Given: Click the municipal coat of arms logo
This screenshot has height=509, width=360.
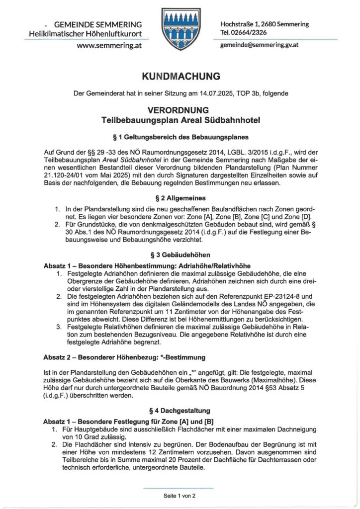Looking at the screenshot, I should pyautogui.click(x=180, y=29).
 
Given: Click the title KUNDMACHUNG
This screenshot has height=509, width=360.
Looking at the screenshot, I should pyautogui.click(x=180, y=77).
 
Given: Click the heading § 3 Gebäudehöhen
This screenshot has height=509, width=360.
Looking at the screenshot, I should pyautogui.click(x=180, y=253).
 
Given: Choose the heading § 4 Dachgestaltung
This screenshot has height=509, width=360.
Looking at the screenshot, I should pyautogui.click(x=180, y=411).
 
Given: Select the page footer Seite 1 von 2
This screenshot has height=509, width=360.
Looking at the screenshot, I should pyautogui.click(x=180, y=496).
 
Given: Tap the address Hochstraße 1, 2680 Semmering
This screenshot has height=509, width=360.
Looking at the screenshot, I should pyautogui.click(x=264, y=24).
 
